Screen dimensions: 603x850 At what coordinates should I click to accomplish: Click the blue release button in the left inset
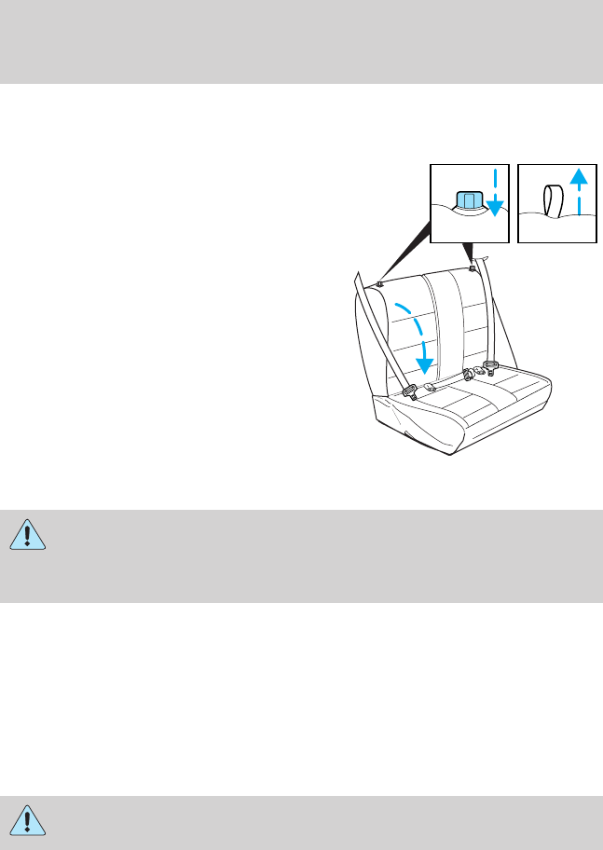[x=468, y=203]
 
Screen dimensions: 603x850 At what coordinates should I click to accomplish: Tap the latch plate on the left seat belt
[x=409, y=392]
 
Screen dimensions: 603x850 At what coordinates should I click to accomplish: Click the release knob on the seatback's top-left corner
[x=383, y=284]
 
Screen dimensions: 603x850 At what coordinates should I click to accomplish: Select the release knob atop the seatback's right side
[x=473, y=269]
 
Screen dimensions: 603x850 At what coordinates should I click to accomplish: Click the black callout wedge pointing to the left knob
[x=410, y=252]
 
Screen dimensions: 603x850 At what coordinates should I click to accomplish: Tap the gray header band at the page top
[x=301, y=41]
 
